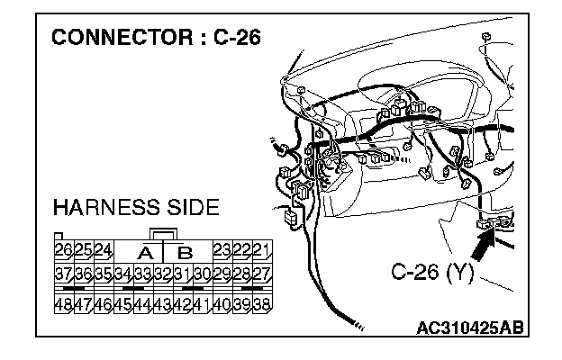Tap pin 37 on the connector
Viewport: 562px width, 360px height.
coord(64,274)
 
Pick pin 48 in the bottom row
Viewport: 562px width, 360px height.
coord(64,304)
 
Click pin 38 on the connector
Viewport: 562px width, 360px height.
coord(262,304)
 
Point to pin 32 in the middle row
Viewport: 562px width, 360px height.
coord(163,274)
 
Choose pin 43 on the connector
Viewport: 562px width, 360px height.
coord(163,304)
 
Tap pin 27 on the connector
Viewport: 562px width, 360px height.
coord(262,274)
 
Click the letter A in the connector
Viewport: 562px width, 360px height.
coord(146,253)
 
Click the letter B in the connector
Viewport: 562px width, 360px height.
coord(185,253)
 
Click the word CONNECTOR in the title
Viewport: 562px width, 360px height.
coord(122,37)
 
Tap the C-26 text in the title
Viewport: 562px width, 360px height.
coord(237,37)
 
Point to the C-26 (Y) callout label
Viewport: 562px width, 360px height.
coord(432,272)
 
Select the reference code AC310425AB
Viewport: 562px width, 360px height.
coord(470,328)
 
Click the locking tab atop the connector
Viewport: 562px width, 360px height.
coord(163,229)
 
